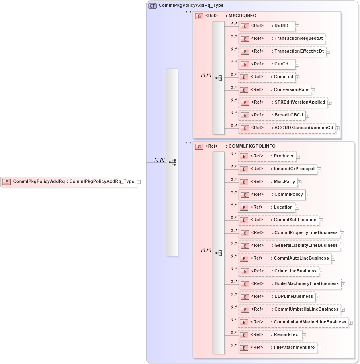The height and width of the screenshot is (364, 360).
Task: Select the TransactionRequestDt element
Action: pos(282,39)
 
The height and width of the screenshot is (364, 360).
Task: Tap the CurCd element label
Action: pos(281,64)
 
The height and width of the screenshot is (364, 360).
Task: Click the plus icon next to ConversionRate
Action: pos(313,91)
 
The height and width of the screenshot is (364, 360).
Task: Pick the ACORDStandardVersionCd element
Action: pos(287,128)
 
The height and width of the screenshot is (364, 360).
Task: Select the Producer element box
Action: pos(267,156)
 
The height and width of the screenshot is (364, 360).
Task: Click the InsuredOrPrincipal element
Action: pos(277,169)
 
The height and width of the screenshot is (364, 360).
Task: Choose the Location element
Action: pos(266,207)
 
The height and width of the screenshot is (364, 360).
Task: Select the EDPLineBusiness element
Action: pos(277,297)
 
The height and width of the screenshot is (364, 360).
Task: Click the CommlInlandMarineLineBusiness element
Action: pos(293,322)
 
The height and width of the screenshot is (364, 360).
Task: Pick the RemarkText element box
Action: pos(270,335)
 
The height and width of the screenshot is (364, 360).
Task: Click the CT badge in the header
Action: pos(152,6)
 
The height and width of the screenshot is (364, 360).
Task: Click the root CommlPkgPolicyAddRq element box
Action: pos(68,182)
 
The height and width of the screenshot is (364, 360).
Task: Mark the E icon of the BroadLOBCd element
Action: pos(245,115)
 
